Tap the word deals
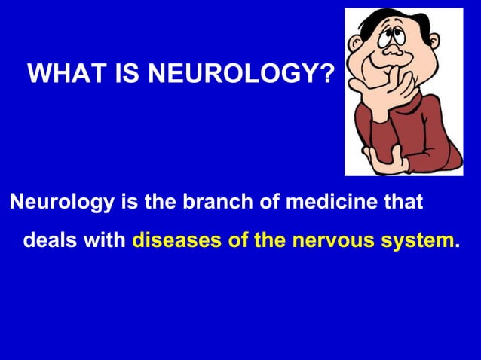coord(50,243)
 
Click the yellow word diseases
coord(176,243)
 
